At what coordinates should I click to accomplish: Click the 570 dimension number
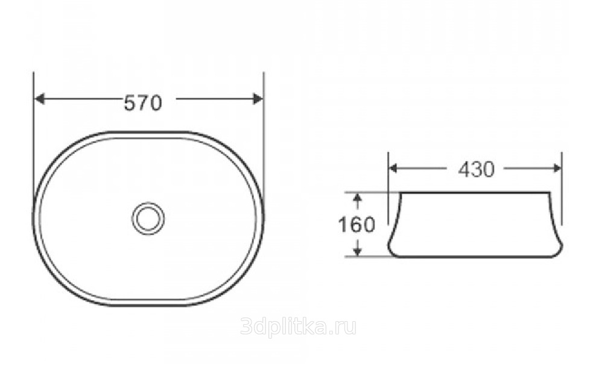pos(143,103)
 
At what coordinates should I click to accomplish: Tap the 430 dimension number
pos(477,169)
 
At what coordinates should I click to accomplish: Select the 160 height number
pos(357,225)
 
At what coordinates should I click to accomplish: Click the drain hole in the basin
pos(148,218)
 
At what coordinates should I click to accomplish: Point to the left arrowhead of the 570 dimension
pos(40,99)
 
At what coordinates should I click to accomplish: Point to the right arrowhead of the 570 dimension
pos(258,99)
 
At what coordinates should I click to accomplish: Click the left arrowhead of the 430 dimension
pos(393,168)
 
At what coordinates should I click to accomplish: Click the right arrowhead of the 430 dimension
pos(557,168)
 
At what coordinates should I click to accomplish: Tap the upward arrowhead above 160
pos(357,198)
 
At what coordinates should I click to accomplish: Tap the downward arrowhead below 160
pos(357,251)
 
